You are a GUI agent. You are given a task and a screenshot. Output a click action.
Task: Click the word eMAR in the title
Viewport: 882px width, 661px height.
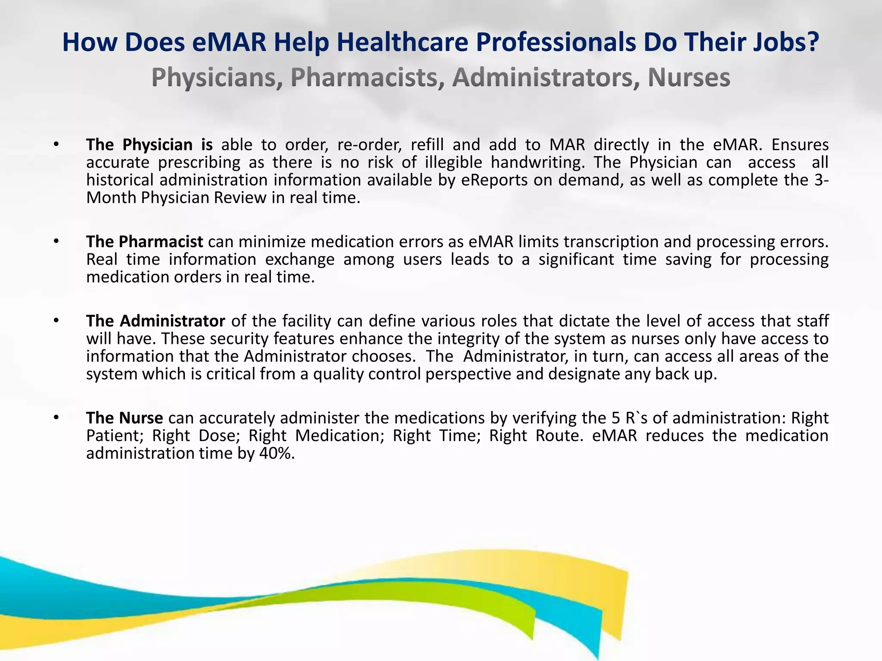click(x=229, y=43)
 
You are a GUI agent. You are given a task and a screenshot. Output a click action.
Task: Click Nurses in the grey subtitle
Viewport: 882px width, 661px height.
click(x=689, y=78)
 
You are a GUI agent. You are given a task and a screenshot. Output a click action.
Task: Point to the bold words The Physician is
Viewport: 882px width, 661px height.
click(x=149, y=145)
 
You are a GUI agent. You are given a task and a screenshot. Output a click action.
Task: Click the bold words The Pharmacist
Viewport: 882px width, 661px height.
click(x=144, y=242)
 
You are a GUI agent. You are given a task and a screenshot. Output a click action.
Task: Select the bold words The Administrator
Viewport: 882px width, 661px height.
click(x=155, y=321)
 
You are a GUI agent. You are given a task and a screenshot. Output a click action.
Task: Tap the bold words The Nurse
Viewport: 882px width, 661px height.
click(x=124, y=418)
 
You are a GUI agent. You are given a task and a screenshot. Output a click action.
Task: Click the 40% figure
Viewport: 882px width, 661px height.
click(x=277, y=453)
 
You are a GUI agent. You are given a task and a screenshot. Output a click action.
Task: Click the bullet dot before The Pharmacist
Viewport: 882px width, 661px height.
click(x=56, y=241)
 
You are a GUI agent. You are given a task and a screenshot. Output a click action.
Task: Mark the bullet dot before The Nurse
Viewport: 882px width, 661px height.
click(x=56, y=417)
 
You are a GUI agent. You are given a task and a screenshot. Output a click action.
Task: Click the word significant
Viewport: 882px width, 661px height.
click(x=576, y=259)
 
